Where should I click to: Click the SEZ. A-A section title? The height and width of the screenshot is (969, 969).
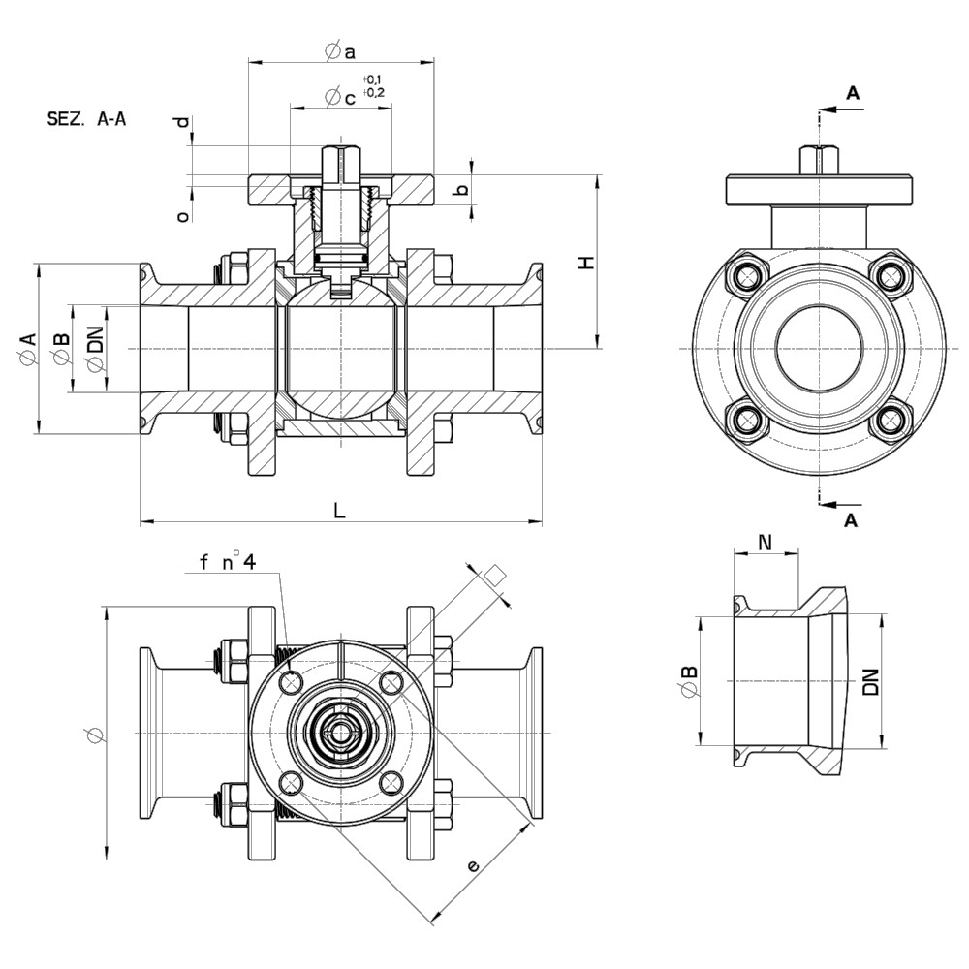(86, 119)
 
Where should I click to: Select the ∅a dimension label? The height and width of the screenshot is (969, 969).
(341, 50)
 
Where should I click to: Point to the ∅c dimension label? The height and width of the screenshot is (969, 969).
(341, 97)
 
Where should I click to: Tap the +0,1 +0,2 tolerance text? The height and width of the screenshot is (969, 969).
(373, 85)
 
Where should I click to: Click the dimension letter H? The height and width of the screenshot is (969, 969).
(584, 262)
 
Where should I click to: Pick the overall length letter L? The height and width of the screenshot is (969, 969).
(339, 509)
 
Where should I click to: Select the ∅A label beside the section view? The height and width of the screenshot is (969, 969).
(27, 348)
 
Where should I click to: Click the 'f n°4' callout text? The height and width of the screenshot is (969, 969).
(227, 562)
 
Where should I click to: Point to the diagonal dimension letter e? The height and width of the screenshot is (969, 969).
(473, 865)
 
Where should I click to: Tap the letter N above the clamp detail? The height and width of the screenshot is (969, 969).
(765, 542)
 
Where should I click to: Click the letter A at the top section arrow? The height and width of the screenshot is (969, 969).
(853, 93)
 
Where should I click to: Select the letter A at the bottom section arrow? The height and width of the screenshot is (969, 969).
(851, 520)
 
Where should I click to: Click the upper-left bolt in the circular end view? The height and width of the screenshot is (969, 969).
(747, 276)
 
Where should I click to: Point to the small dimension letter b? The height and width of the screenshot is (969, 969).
(463, 190)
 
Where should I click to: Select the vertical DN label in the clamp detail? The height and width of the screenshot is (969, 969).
(870, 682)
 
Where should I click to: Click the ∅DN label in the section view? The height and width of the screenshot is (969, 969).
(94, 349)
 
